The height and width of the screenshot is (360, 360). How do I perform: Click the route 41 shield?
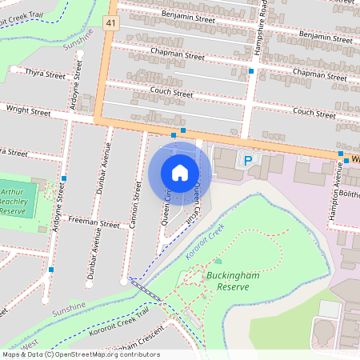point(110,25)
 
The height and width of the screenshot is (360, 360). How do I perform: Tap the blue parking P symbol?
point(248,160)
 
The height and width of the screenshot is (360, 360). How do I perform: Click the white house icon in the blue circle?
point(180,172)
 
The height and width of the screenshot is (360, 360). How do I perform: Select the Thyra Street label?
point(45,73)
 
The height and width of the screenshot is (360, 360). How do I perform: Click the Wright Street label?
point(27,111)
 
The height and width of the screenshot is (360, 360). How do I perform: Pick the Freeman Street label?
point(94,220)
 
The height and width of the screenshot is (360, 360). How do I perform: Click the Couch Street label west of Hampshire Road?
point(171,94)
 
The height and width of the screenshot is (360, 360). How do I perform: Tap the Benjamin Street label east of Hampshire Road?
point(325,37)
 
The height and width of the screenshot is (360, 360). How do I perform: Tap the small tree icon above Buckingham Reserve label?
point(218,261)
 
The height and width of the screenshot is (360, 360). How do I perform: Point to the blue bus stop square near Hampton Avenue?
point(340,154)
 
